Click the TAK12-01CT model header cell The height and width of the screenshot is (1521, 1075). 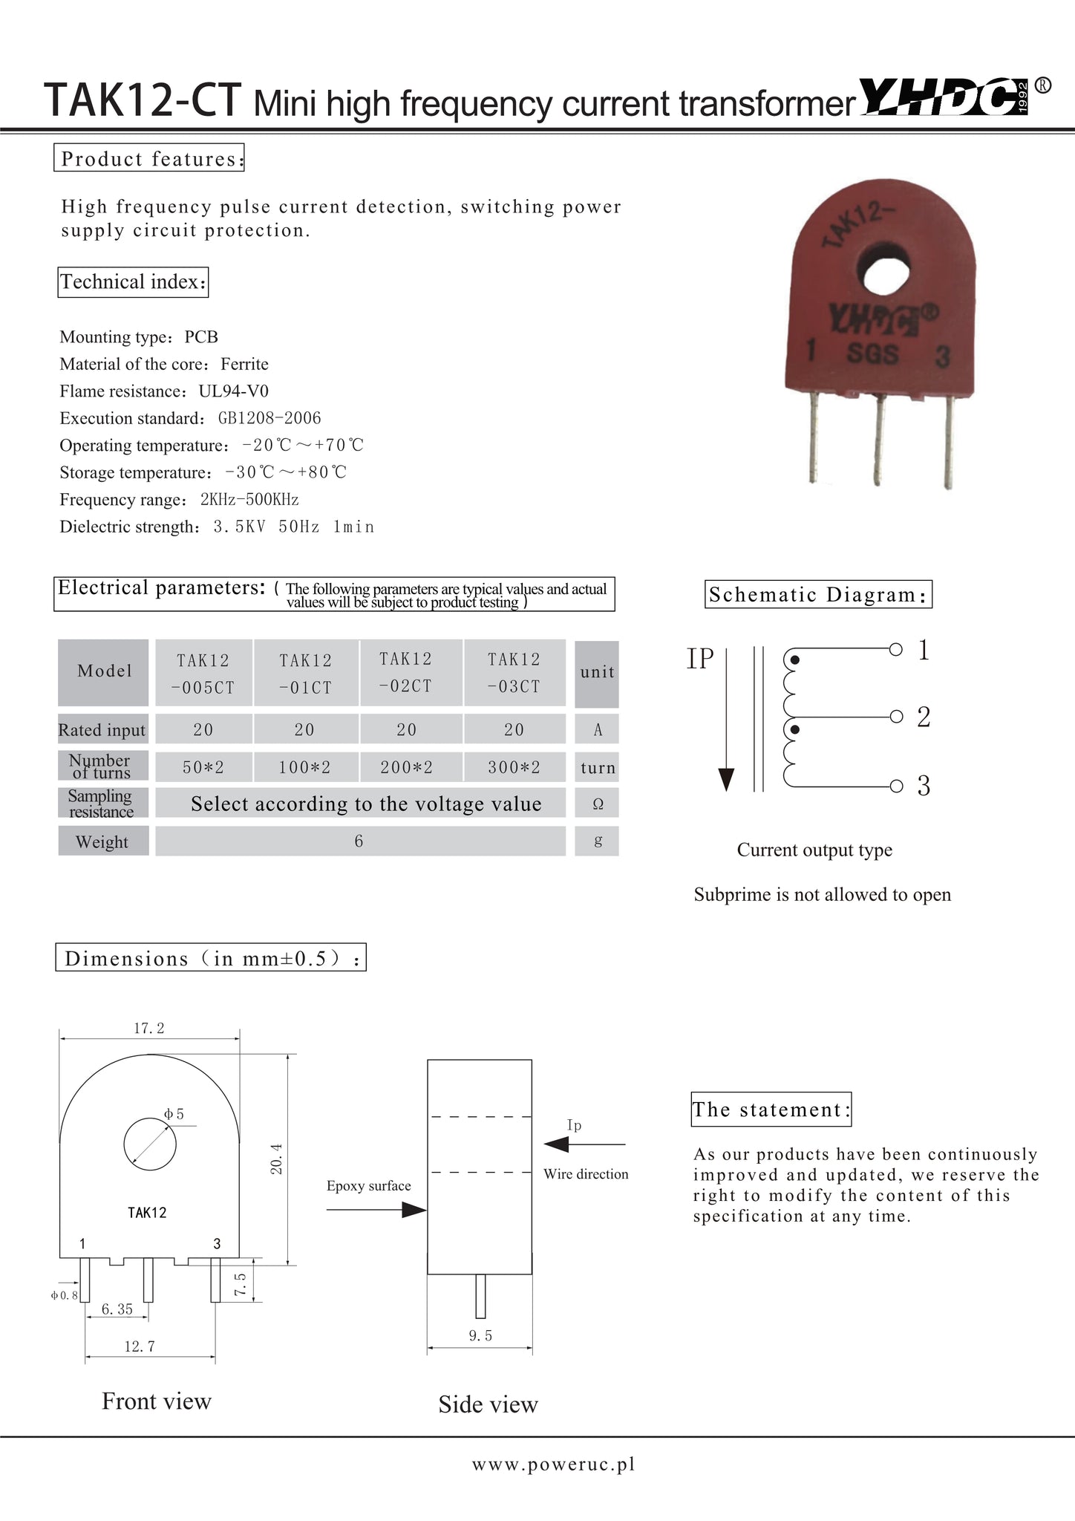[x=305, y=673]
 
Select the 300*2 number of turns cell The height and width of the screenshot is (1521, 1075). [x=514, y=767]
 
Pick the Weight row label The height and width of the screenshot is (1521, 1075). [x=102, y=841]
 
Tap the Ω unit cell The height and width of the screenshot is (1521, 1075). [x=597, y=804]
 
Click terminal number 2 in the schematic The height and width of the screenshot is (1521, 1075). [x=924, y=717]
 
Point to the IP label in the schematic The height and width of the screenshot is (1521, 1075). [x=700, y=659]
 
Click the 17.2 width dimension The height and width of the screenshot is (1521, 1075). [x=148, y=1028]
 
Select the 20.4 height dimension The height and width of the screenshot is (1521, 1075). [x=276, y=1158]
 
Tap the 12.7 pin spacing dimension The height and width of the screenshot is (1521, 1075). [x=139, y=1346]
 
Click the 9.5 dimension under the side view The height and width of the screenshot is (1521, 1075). [x=480, y=1335]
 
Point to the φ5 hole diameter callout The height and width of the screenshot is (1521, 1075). [x=174, y=1114]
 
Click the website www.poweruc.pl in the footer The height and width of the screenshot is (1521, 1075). [x=554, y=1463]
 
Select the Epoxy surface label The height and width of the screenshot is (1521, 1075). [x=368, y=1185]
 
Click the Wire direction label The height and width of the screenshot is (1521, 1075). [x=586, y=1173]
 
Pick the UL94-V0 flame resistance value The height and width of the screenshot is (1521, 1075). [x=233, y=391]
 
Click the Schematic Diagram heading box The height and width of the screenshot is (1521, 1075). [x=817, y=594]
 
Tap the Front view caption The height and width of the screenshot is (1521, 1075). [x=156, y=1401]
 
